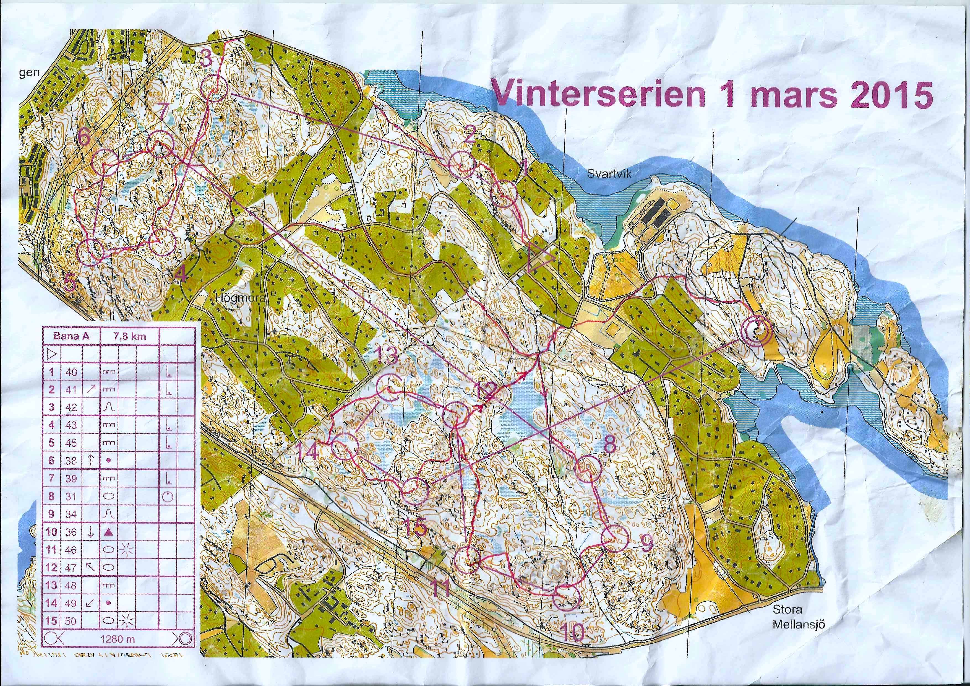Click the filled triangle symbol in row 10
[x=109, y=532]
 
